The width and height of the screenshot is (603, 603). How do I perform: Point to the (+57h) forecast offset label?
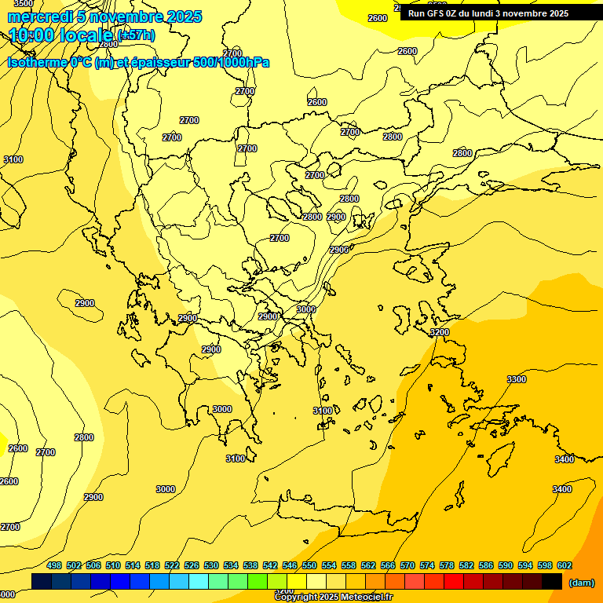(135, 35)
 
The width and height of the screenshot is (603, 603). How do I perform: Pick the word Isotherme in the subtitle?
(38, 62)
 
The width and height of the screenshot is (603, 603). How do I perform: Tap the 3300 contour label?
(517, 379)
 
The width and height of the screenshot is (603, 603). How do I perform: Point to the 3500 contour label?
(24, 3)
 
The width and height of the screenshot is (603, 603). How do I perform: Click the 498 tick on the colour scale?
(54, 565)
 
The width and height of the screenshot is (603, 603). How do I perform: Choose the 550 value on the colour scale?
(309, 565)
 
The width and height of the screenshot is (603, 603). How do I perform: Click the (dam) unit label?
(582, 583)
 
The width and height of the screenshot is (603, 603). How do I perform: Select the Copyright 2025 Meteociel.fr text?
(334, 598)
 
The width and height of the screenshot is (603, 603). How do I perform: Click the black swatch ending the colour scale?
(552, 581)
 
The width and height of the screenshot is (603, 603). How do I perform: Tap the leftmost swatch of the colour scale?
(42, 581)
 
